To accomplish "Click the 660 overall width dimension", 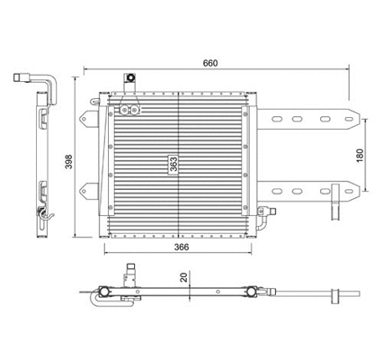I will (210, 63).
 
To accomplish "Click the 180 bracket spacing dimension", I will (359, 155).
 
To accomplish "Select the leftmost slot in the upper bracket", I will (298, 118).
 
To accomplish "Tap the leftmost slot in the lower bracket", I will (298, 191).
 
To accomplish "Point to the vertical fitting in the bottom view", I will (132, 273).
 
